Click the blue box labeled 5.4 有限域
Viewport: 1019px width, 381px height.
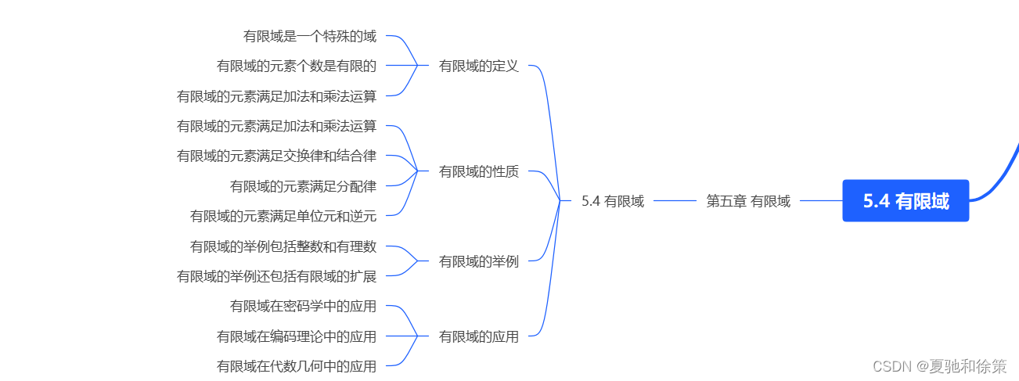pyautogui.click(x=906, y=201)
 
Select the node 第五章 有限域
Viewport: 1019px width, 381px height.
pyautogui.click(x=748, y=201)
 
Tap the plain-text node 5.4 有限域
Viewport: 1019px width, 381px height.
pyautogui.click(x=613, y=201)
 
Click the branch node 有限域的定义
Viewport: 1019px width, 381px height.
pyautogui.click(x=479, y=66)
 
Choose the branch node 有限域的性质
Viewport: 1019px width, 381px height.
pyautogui.click(x=479, y=171)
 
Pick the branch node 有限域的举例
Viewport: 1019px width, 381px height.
pyautogui.click(x=479, y=261)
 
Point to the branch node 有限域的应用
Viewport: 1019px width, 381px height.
pyautogui.click(x=479, y=336)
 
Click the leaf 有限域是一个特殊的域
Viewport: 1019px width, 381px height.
pyautogui.click(x=310, y=36)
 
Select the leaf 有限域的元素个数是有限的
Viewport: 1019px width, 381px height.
pyautogui.click(x=297, y=66)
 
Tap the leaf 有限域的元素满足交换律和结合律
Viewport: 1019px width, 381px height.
pyautogui.click(x=277, y=156)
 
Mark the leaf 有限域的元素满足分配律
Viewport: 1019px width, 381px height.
pyautogui.click(x=304, y=186)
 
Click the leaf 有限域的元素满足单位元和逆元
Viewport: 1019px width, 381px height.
pyautogui.click(x=283, y=216)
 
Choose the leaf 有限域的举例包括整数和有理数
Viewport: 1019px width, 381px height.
pyautogui.click(x=283, y=246)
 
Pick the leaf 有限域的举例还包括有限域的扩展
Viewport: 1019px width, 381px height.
pyautogui.click(x=277, y=276)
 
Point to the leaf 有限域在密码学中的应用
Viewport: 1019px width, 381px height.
pyautogui.click(x=304, y=306)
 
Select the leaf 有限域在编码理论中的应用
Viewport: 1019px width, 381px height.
pyautogui.click(x=297, y=336)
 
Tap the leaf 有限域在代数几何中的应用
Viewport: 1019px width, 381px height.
pyautogui.click(x=297, y=365)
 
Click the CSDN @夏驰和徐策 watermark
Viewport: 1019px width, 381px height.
pyautogui.click(x=940, y=366)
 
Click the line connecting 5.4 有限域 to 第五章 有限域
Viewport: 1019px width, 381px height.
pyautogui.click(x=675, y=201)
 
